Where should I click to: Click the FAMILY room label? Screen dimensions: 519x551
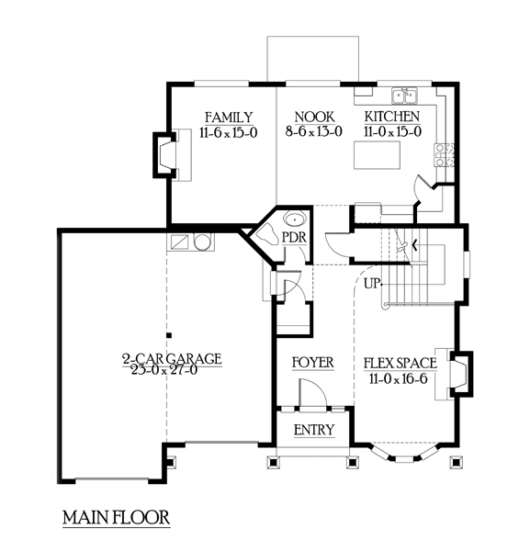229,117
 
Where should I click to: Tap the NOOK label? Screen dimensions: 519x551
314,117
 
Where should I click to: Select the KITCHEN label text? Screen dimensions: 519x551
392,117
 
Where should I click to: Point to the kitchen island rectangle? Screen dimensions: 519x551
377,155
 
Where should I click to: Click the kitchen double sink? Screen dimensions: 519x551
405,96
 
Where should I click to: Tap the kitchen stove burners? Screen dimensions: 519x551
445,154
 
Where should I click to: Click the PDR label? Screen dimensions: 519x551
295,238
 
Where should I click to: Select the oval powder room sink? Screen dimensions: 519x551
295,219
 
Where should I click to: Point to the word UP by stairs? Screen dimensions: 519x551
372,283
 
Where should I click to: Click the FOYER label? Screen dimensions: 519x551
313,363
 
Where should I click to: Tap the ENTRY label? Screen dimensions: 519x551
314,430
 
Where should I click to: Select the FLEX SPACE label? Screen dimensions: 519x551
401,363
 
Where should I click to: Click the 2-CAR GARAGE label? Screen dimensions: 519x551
172,359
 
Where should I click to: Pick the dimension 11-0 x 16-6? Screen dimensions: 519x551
399,378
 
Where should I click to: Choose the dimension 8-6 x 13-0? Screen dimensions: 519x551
314,131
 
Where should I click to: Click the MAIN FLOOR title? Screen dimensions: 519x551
117,518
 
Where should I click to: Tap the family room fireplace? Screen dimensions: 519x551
164,155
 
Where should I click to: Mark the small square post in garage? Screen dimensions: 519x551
169,335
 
